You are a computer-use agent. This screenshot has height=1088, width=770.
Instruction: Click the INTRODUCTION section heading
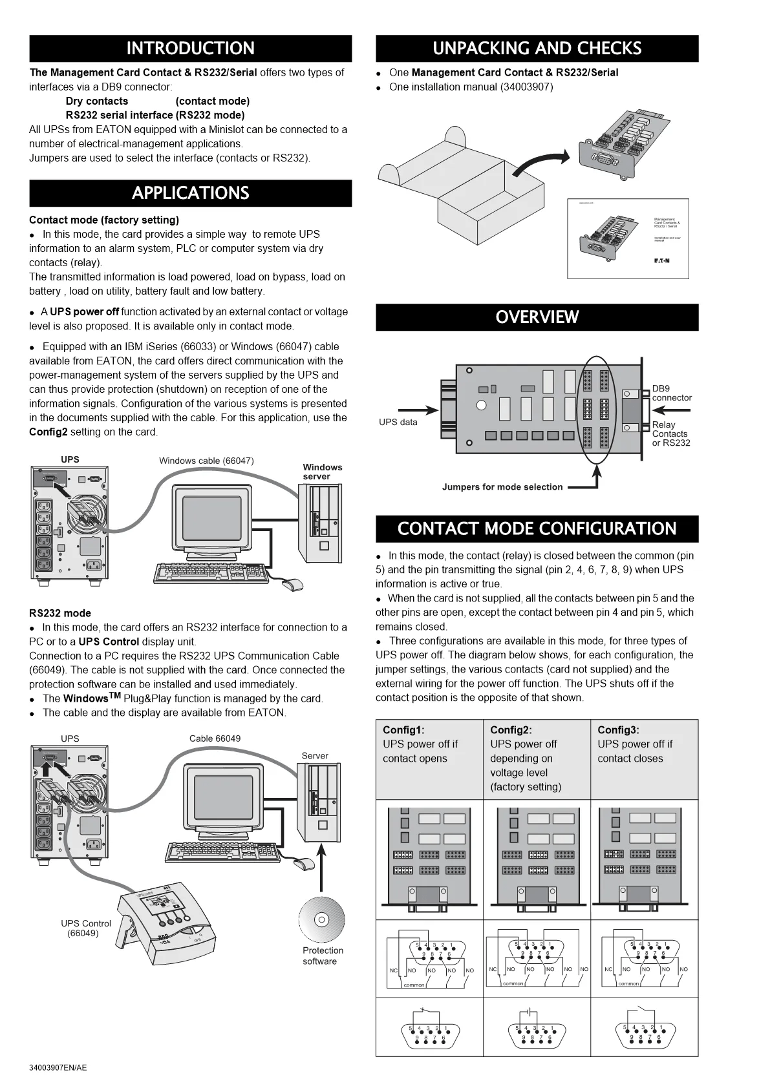[x=190, y=48]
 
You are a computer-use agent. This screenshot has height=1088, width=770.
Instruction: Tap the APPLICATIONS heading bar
[x=190, y=193]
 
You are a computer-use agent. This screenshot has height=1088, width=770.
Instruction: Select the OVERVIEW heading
[x=537, y=317]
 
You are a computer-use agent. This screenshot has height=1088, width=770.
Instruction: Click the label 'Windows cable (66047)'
[x=206, y=461]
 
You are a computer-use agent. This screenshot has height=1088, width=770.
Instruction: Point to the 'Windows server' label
[x=322, y=472]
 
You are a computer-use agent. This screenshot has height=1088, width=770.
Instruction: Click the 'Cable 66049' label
[x=215, y=738]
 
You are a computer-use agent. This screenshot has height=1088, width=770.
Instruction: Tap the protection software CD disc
[x=321, y=919]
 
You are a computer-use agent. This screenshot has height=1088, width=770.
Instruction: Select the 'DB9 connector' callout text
[x=671, y=393]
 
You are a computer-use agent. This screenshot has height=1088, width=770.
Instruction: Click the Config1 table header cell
[x=429, y=758]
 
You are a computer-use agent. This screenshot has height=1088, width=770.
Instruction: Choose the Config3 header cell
[x=644, y=758]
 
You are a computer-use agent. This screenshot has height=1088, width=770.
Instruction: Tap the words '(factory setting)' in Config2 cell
[x=525, y=787]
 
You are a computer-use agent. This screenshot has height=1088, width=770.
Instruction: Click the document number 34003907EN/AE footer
[x=58, y=1067]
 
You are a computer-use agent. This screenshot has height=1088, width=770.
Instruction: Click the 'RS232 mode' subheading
[x=60, y=613]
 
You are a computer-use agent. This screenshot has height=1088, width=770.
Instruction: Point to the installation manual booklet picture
[x=628, y=238]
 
